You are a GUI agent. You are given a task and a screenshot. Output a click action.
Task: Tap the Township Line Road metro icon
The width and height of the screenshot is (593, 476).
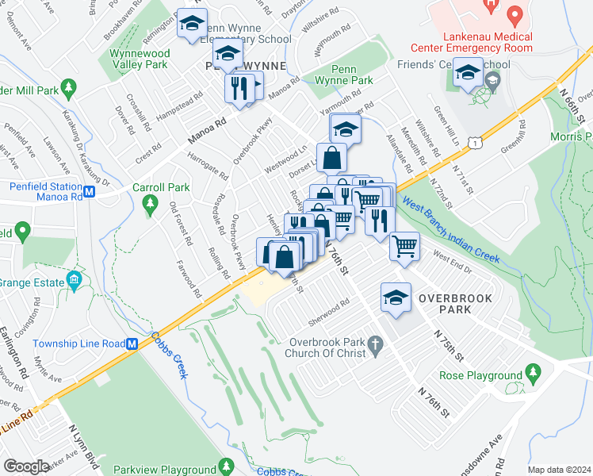coord(133,344)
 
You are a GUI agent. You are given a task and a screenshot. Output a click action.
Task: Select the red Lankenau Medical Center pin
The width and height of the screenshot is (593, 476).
coord(515,15)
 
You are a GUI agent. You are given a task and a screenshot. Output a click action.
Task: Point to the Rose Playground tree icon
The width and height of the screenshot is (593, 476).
coord(534,373)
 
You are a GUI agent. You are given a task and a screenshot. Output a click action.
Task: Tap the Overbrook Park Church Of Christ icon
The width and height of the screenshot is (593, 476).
coord(377,344)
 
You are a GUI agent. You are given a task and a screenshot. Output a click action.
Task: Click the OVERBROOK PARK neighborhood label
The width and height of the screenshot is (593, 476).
coord(455,299)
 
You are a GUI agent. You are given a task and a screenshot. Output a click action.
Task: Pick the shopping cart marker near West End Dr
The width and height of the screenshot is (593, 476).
coord(404,246)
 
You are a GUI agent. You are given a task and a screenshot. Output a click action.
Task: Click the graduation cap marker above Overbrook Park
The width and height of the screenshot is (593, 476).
coord(396,298)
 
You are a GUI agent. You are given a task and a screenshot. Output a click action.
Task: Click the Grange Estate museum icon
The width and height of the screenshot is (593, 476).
coord(75,280)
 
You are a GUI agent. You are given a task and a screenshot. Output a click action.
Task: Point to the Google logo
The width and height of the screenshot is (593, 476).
coord(26,466)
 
